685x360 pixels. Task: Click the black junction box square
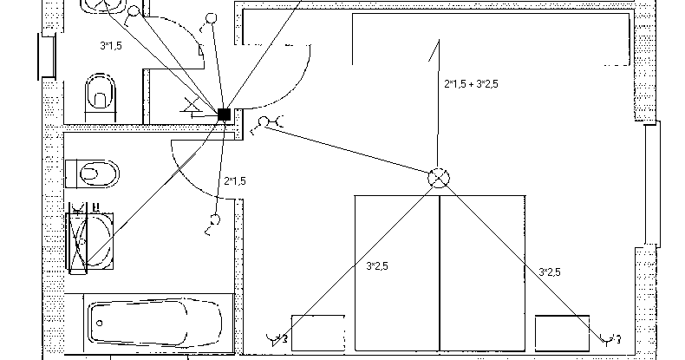225,114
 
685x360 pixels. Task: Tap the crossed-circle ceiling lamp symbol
440,178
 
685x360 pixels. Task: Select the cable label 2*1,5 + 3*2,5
471,84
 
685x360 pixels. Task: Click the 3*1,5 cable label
109,45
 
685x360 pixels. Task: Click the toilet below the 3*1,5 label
101,93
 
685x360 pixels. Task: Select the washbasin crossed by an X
91,236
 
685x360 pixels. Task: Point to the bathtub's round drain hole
103,324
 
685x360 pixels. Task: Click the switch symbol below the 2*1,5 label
212,224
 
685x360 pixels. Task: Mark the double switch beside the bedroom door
265,124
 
